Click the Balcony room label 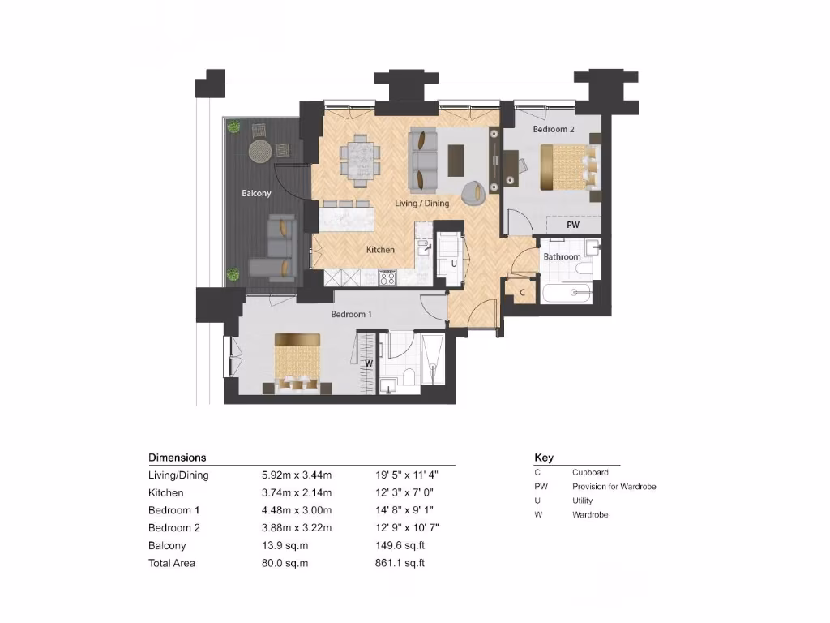coord(256,194)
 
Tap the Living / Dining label coord(421,203)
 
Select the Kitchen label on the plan coord(380,250)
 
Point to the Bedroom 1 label coord(351,314)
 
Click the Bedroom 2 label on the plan coord(554,129)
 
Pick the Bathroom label coord(562,257)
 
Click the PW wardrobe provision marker coord(573,225)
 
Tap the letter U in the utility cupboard coord(454,264)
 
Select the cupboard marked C coord(523,292)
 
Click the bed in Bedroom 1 coord(297,362)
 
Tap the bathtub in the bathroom coord(571,292)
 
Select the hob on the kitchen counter coord(387,278)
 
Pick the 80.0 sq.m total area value coord(280,563)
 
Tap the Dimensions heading coord(177,458)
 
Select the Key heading coord(543,458)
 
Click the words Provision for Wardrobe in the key coord(614,487)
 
